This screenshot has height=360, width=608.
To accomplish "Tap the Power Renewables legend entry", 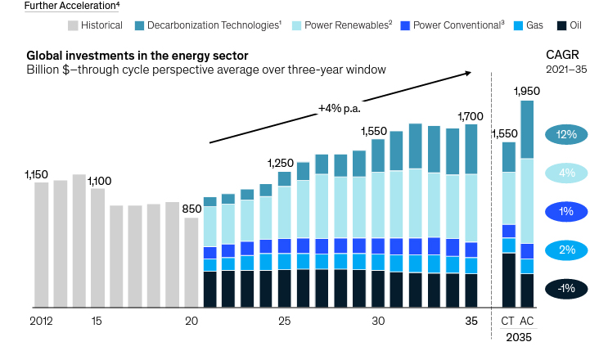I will [x=345, y=25].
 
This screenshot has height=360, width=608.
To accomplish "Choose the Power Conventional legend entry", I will [x=452, y=25].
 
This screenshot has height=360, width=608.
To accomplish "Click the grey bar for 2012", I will [x=41, y=245].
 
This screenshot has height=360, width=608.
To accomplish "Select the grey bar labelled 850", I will [x=191, y=263].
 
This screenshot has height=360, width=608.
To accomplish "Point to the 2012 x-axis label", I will [x=41, y=322].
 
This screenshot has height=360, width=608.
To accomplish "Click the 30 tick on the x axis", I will [x=378, y=322].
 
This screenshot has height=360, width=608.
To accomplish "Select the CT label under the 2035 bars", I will [x=508, y=322].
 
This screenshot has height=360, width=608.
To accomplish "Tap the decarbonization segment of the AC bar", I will [x=526, y=129].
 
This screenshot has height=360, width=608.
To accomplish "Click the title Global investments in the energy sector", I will [x=137, y=56].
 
